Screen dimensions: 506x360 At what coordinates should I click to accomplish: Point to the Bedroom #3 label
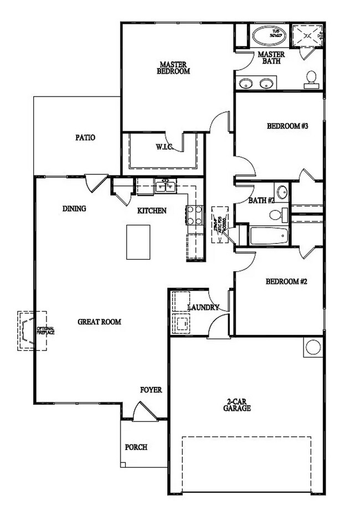[x=287, y=126]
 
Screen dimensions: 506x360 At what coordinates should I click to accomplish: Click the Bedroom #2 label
[x=286, y=281]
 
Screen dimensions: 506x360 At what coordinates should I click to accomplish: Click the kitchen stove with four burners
[x=194, y=215]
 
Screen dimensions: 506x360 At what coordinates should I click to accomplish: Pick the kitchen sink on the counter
[x=164, y=187]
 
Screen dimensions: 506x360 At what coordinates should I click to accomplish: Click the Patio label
[x=85, y=137]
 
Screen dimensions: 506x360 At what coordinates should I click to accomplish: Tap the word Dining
[x=74, y=209]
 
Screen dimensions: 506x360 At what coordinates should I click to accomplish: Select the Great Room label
[x=99, y=321]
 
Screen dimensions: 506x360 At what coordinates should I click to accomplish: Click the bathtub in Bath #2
[x=269, y=236]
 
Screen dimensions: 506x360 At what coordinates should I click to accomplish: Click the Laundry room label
[x=203, y=307]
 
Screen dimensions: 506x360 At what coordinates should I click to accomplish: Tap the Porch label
[x=136, y=447]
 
